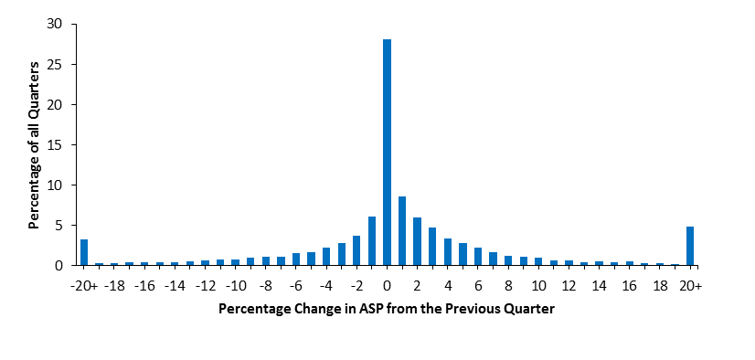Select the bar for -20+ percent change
(84, 252)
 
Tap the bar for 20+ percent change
(690, 246)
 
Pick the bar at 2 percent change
(417, 241)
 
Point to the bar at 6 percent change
(478, 256)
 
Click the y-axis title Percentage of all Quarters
(33, 144)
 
